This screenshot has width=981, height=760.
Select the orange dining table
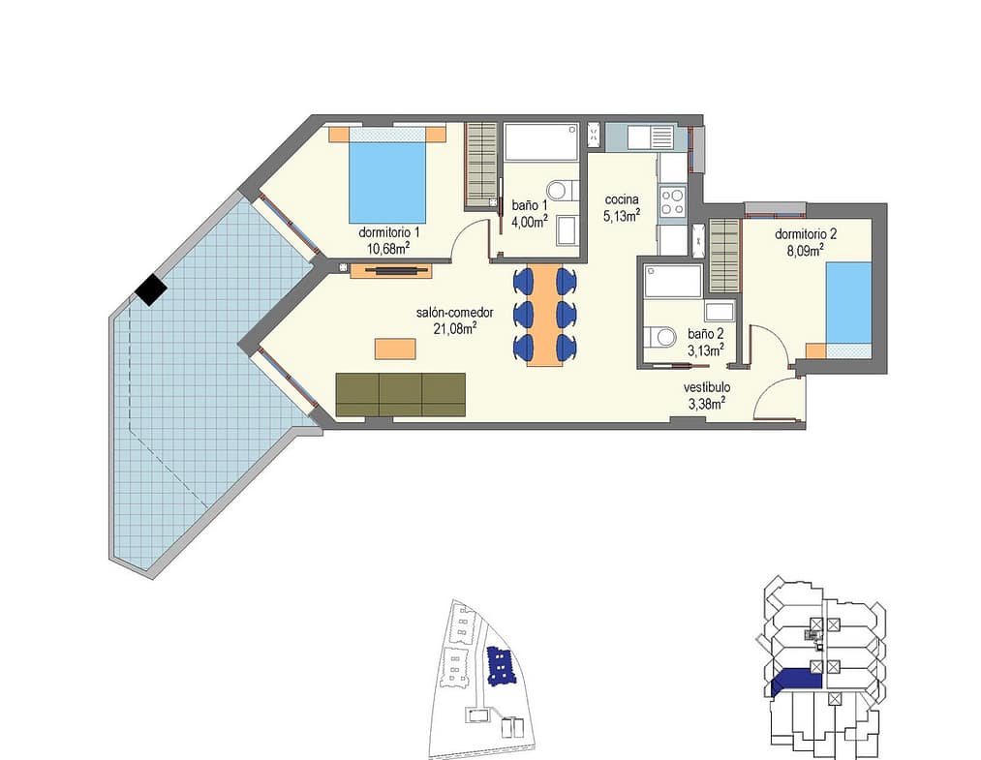[x=542, y=315]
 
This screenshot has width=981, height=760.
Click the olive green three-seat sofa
[x=400, y=395]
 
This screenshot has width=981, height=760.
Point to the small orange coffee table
[x=395, y=349]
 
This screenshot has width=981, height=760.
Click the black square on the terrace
[x=151, y=290]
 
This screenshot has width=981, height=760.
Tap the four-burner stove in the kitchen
[x=672, y=202]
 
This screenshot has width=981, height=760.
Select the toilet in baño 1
[x=560, y=190]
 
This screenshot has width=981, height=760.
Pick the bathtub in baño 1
[x=541, y=142]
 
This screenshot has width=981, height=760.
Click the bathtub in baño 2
[x=673, y=281]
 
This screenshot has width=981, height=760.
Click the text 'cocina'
[x=622, y=199]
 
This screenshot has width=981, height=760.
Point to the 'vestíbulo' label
[x=707, y=388]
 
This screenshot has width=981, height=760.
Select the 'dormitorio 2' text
[x=806, y=234]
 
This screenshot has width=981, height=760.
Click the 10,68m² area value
[x=388, y=248]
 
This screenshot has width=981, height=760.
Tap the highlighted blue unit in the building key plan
[x=795, y=681]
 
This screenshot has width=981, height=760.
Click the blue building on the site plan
[x=500, y=667]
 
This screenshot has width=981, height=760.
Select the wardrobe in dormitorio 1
[x=482, y=166]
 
